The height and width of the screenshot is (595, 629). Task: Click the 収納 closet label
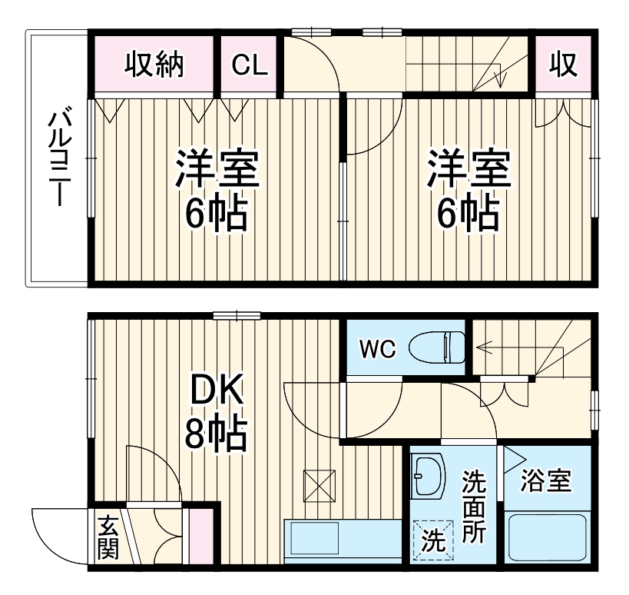(x=155, y=65)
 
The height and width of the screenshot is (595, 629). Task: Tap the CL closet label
(x=250, y=65)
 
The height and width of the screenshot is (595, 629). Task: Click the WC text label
(x=377, y=350)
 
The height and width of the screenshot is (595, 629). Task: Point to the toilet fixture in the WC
(x=437, y=347)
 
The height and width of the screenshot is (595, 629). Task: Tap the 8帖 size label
(x=216, y=434)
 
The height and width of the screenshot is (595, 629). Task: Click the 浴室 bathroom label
(x=545, y=481)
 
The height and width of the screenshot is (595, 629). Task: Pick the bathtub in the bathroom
(x=548, y=537)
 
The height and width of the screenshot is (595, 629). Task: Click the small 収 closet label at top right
(x=564, y=65)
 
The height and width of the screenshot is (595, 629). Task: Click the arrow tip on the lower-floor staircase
(x=477, y=347)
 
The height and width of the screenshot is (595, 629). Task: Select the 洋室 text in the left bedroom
(x=216, y=170)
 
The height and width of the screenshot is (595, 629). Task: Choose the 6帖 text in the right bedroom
(x=468, y=216)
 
